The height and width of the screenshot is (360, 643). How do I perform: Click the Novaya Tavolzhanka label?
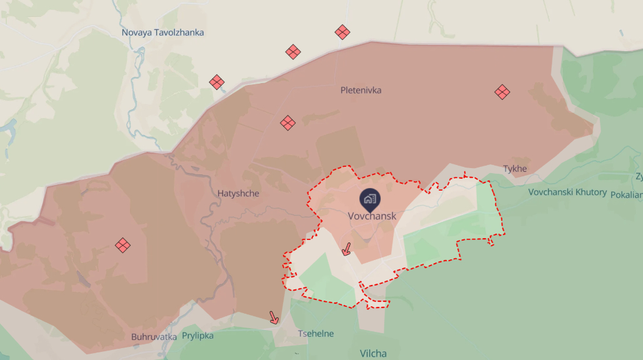[x=162, y=32]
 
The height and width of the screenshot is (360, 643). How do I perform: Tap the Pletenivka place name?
[x=361, y=90]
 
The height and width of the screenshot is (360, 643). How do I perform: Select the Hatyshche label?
[x=238, y=194]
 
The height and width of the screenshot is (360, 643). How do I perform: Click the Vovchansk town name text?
[x=372, y=216]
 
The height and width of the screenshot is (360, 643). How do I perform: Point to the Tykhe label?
[x=515, y=169]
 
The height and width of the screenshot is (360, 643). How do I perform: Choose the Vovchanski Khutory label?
[x=567, y=192]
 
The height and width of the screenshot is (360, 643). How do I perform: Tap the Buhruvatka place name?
[x=154, y=336]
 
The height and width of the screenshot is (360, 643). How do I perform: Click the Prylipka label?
[x=197, y=336]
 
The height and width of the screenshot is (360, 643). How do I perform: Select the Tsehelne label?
[x=316, y=334]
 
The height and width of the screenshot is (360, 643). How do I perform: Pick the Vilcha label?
[x=373, y=353]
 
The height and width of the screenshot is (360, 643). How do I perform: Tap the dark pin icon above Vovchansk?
[x=369, y=199]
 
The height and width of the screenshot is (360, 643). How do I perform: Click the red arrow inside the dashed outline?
[x=346, y=250]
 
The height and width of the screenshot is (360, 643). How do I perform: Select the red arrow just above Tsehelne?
[x=274, y=317]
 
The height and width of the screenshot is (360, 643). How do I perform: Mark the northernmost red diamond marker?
[x=342, y=32]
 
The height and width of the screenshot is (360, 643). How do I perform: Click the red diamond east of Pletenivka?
[x=502, y=92]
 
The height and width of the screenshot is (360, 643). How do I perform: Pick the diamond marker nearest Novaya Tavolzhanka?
[x=217, y=82]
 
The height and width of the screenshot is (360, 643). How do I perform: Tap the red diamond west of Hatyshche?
[x=123, y=245]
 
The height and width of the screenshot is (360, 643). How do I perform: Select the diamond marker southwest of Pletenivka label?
[x=287, y=122]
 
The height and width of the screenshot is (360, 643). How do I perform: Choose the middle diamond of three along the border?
[x=293, y=52]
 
